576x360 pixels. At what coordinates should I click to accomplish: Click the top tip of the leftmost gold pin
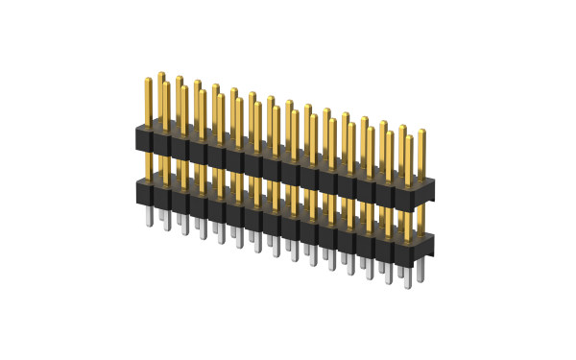tap(148, 80)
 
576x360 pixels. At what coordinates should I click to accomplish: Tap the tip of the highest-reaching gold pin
tap(161, 74)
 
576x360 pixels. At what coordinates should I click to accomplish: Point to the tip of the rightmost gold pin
tap(421, 132)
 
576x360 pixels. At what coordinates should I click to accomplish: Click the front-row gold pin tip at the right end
tap(408, 137)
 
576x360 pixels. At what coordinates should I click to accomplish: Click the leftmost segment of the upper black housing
tap(144, 140)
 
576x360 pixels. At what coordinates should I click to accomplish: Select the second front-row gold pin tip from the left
tap(184, 88)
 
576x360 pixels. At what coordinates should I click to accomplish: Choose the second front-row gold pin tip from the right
tap(389, 132)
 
